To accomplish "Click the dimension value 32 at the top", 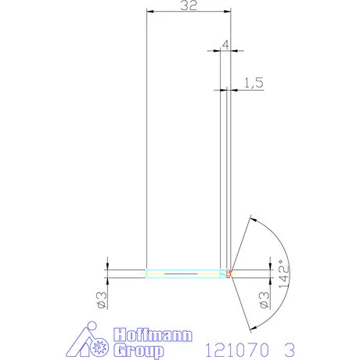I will [x=188, y=6].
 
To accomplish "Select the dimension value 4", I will [x=225, y=45].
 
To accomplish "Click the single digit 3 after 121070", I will [x=291, y=347].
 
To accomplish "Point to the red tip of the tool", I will [x=229, y=273].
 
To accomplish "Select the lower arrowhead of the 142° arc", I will [x=250, y=326].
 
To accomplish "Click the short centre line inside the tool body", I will [x=180, y=273].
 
